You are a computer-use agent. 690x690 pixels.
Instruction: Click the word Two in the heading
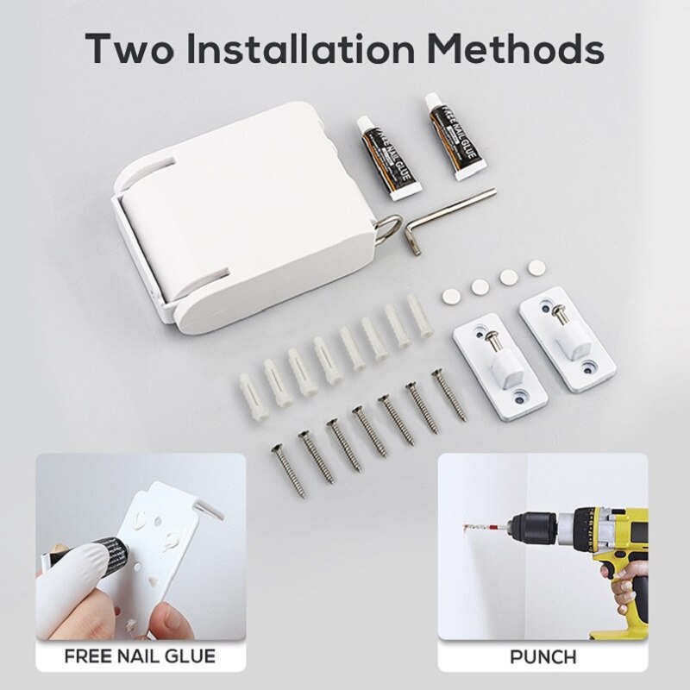(x=130, y=48)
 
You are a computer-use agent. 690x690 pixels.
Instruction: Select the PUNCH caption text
(x=543, y=657)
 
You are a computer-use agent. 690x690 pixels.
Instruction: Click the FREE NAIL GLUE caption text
(x=141, y=656)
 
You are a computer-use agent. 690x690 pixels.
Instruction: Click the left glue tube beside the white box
(x=387, y=159)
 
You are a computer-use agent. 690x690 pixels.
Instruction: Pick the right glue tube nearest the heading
(x=456, y=137)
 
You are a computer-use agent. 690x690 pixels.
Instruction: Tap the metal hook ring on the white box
(x=389, y=228)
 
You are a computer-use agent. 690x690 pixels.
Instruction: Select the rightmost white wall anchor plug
(x=418, y=315)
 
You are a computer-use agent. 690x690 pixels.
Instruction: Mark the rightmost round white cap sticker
(x=536, y=268)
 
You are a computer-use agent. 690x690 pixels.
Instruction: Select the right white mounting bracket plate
(x=568, y=339)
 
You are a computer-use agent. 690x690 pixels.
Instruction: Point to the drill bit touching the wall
(x=485, y=526)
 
